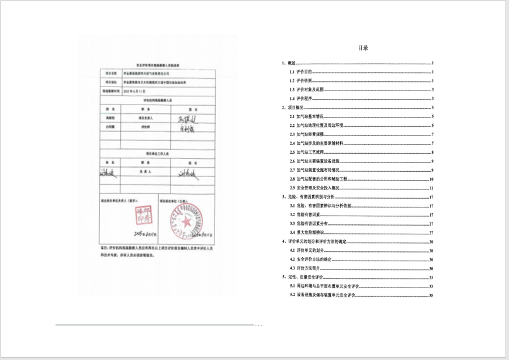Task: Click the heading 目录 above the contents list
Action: coord(363,48)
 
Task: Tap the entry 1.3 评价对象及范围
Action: coord(309,89)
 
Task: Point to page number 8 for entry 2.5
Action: coord(431,152)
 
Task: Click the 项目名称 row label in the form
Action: coord(111,74)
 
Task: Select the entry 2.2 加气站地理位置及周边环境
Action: coord(320,125)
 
